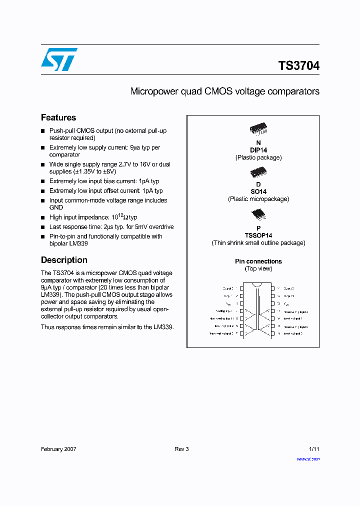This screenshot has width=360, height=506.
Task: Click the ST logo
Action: tap(59, 59)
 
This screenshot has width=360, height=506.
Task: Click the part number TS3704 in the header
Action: tap(298, 66)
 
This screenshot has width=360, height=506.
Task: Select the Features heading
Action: tap(58, 117)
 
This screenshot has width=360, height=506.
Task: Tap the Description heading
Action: tap(64, 260)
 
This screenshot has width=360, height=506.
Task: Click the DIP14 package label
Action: tap(258, 150)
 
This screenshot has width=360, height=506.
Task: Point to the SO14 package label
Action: tap(258, 191)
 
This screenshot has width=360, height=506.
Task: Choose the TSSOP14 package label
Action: tap(258, 235)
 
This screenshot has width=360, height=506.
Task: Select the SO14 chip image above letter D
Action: tap(258, 172)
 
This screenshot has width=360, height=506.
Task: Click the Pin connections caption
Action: tap(258, 261)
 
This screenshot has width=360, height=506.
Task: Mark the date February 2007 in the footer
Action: tap(58, 449)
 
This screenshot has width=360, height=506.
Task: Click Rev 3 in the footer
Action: tap(181, 449)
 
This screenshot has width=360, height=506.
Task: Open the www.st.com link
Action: tap(308, 458)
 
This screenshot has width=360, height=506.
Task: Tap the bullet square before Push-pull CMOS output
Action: tap(43, 131)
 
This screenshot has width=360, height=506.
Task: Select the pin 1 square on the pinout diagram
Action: tap(242, 288)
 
